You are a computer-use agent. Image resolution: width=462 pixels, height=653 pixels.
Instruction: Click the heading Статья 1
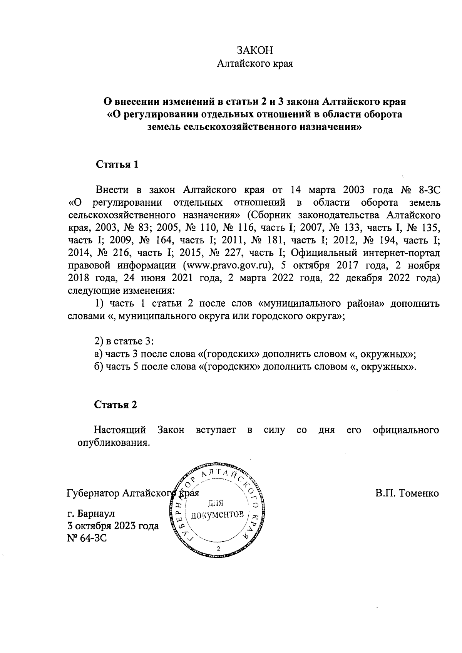pos(117,165)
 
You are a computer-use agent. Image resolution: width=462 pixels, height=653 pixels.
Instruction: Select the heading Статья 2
pos(116,405)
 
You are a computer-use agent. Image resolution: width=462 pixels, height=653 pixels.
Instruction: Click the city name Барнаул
pos(96,514)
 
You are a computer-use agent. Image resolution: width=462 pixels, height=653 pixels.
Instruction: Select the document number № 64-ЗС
pos(87,538)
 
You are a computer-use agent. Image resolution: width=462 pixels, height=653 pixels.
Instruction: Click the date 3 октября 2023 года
pos(113,526)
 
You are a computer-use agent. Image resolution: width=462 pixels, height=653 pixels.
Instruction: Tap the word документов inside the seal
pos(218,515)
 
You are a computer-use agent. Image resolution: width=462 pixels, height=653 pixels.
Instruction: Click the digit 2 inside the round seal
pos(219,549)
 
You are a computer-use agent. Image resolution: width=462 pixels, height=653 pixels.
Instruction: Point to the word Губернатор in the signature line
pos(93,493)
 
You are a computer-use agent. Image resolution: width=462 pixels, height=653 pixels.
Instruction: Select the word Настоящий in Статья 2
pos(120,430)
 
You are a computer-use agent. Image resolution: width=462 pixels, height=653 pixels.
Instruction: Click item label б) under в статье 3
pos(99,367)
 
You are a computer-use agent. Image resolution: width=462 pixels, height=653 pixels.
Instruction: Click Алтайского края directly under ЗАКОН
pos(254,64)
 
